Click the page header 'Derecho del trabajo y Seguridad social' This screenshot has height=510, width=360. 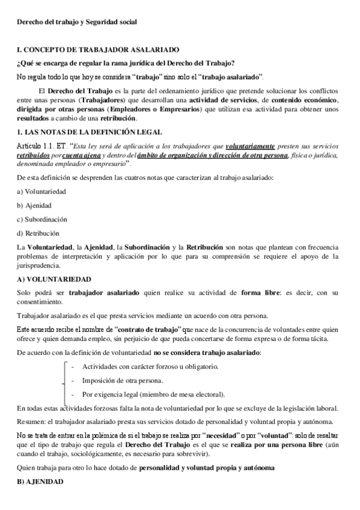(x=77, y=22)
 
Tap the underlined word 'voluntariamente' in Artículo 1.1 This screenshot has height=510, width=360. (x=251, y=146)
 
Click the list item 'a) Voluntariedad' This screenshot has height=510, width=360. (x=41, y=191)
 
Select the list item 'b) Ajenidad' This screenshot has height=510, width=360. (x=35, y=205)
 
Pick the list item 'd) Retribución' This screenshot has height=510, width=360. (x=39, y=233)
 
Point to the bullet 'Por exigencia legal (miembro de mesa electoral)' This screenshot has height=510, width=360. (x=154, y=394)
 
